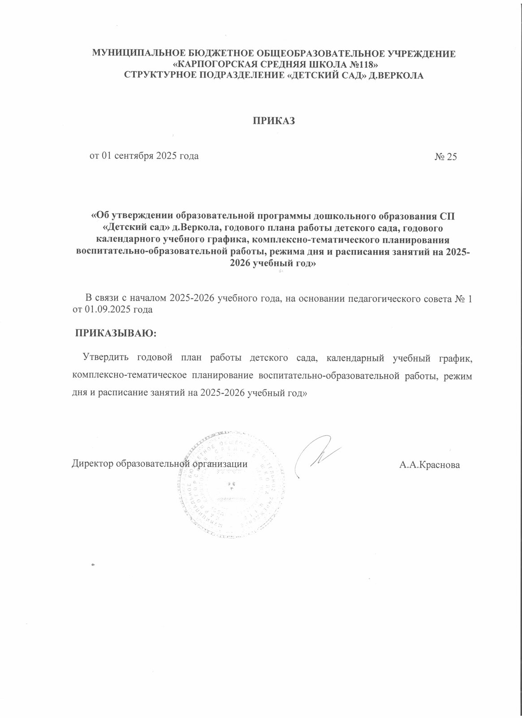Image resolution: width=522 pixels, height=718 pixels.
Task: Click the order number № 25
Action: tap(445, 157)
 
